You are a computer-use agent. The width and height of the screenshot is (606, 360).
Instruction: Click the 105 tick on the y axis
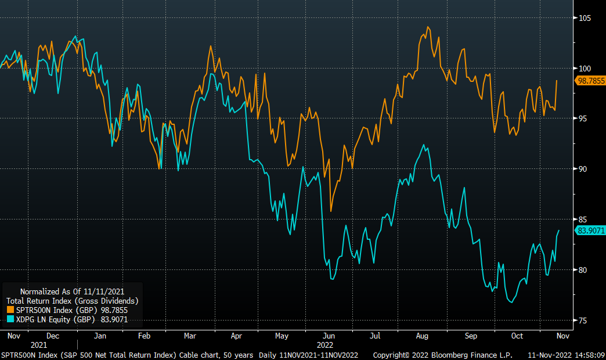[584, 18]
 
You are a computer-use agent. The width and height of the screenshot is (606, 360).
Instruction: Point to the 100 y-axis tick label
[584, 69]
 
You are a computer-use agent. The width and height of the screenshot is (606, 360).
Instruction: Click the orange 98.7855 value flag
[590, 81]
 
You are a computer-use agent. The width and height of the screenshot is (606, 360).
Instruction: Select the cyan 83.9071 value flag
[590, 231]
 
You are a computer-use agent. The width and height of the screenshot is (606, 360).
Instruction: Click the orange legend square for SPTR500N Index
[9, 310]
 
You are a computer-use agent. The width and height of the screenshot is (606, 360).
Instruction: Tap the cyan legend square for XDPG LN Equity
[9, 319]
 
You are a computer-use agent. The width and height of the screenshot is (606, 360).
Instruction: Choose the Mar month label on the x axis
[190, 336]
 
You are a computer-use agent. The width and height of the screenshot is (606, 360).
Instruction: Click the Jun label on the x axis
[329, 336]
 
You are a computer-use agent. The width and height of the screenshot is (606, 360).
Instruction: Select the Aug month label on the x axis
[422, 336]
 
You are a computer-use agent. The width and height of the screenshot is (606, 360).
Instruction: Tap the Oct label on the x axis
[517, 336]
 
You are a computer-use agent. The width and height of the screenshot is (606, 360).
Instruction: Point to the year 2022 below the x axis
[325, 345]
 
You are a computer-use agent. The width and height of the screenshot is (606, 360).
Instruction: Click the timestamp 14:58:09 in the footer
[586, 354]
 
